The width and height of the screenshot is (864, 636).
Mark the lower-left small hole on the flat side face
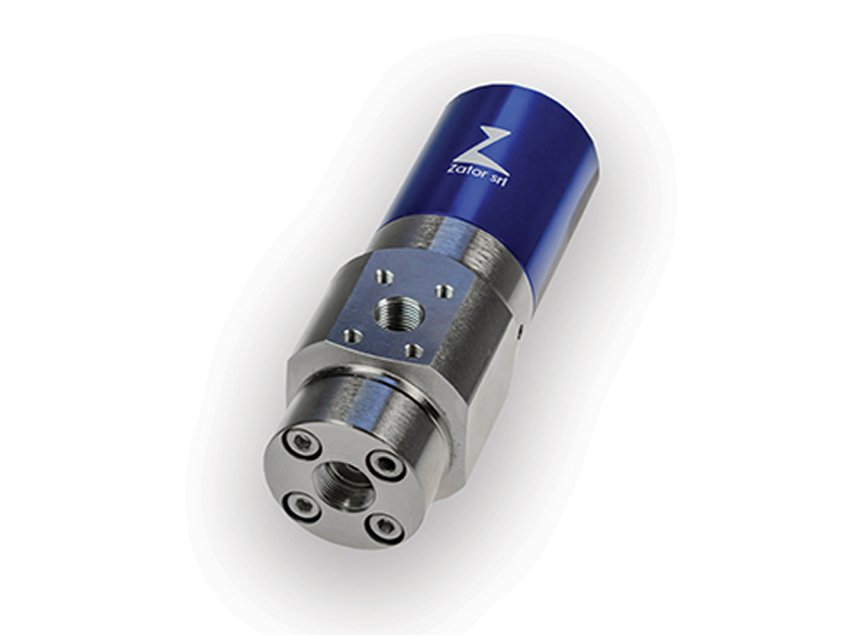(349, 333)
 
